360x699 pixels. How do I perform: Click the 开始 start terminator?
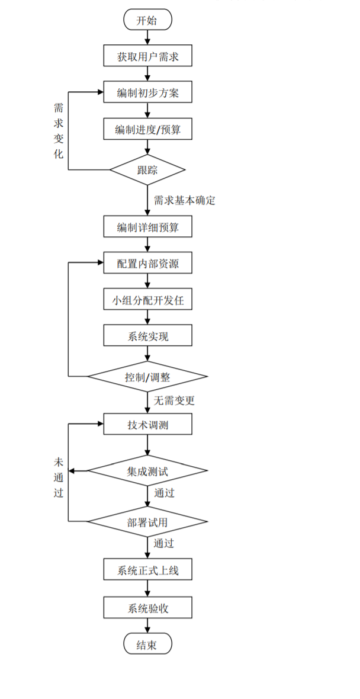[147, 20]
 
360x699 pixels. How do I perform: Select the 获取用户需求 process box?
[148, 57]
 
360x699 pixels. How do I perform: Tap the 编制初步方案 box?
[148, 92]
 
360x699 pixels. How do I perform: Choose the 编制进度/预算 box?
[148, 129]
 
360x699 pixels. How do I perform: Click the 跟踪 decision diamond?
[148, 170]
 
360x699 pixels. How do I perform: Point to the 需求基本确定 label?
[184, 200]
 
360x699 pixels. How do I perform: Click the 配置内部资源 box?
[148, 263]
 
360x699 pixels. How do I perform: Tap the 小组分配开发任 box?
[148, 300]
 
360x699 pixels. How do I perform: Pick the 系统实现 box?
[148, 336]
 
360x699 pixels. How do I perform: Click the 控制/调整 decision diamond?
[148, 377]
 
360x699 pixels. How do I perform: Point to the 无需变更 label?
[174, 400]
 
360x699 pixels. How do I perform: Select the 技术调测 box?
[148, 424]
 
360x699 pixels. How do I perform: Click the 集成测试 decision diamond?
[148, 471]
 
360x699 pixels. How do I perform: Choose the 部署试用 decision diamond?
[148, 522]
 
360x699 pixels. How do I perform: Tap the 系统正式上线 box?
[148, 571]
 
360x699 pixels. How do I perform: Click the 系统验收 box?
[148, 607]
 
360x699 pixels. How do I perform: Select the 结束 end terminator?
[147, 645]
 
